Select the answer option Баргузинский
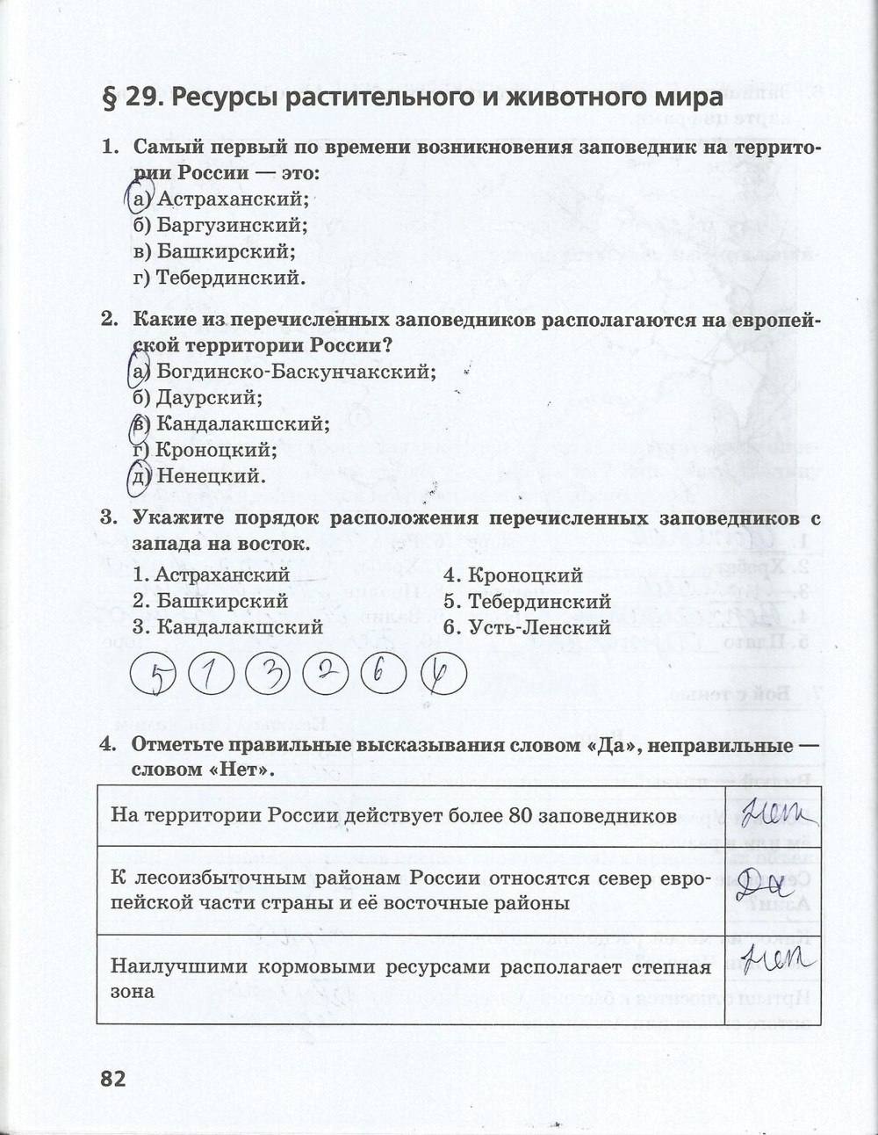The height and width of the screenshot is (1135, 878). (x=219, y=225)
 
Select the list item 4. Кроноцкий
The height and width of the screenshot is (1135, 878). (x=512, y=575)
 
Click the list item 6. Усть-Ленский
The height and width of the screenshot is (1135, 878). (x=526, y=627)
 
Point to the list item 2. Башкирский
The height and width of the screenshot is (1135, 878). (x=210, y=602)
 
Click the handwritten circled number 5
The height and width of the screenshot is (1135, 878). (x=157, y=676)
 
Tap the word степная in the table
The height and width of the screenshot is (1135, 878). (x=675, y=968)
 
